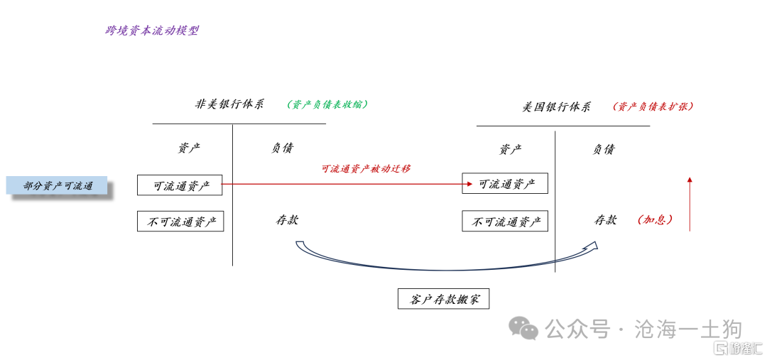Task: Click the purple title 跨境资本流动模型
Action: pos(152,31)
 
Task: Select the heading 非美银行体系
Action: pos(230,104)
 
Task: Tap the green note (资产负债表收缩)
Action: pos(327,104)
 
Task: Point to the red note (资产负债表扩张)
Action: pos(653,106)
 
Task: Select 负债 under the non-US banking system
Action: pos(283,148)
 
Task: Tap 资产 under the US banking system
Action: pos(510,149)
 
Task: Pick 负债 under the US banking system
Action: pos(603,149)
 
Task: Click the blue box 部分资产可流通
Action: pos(57,185)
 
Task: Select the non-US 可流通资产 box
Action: pos(180,185)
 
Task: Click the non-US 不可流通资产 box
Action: pos(180,221)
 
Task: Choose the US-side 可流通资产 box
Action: pos(505,183)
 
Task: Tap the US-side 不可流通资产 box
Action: pos(505,221)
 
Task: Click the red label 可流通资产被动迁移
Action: pos(366,169)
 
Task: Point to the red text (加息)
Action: pos(655,220)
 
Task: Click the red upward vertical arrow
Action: pos(690,204)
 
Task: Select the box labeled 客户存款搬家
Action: pos(444,299)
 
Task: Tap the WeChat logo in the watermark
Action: pos(523,327)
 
